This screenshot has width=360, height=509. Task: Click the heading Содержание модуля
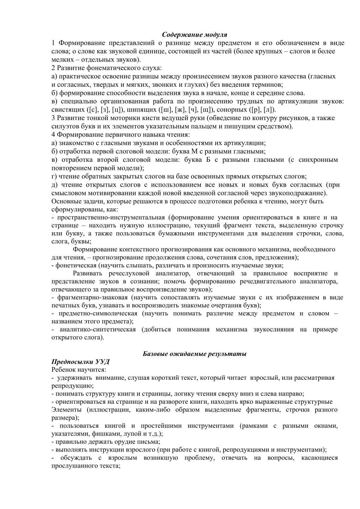pyautogui.click(x=195, y=35)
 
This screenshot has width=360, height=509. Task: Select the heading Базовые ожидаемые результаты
pyautogui.click(x=195, y=354)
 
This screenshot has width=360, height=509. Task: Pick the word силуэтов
pyautogui.click(x=64, y=126)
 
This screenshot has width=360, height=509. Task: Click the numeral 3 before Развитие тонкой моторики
pyautogui.click(x=53, y=118)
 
